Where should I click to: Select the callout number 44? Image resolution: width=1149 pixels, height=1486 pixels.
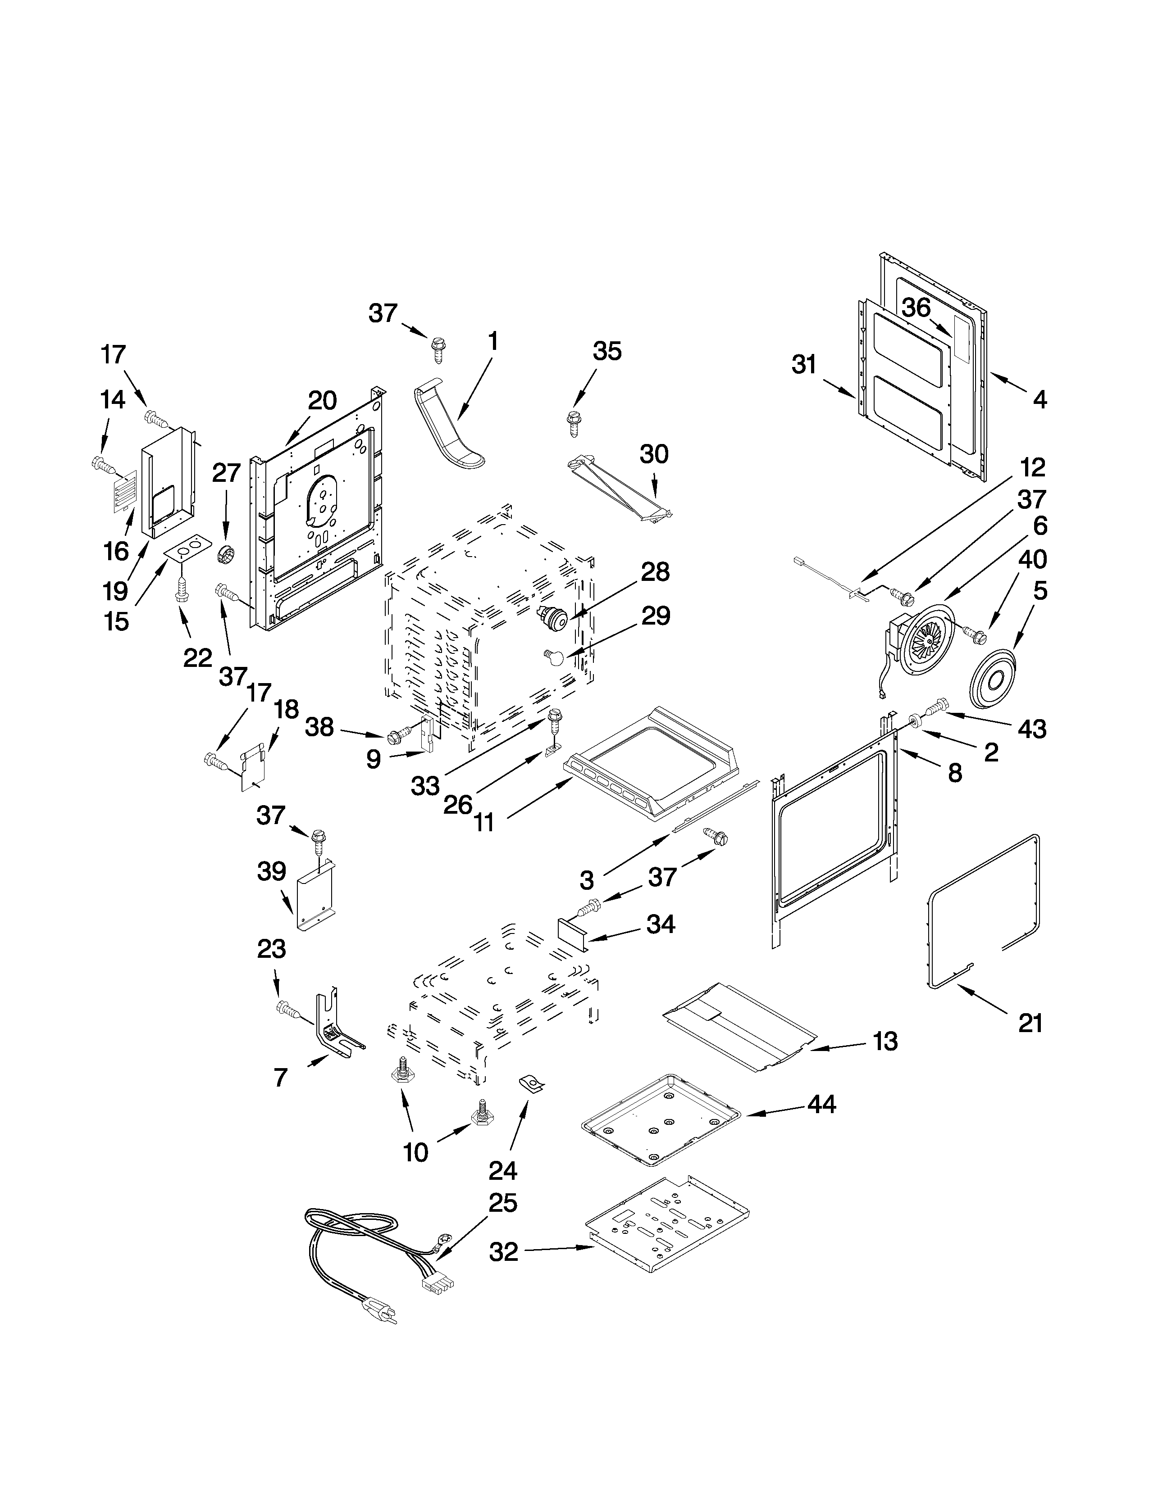[x=821, y=1104]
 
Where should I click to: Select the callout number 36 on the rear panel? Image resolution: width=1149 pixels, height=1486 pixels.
[x=917, y=308]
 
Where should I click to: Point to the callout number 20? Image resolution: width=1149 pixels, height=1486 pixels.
[x=322, y=401]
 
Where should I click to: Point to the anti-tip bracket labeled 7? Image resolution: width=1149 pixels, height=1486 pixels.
[x=333, y=1033]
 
